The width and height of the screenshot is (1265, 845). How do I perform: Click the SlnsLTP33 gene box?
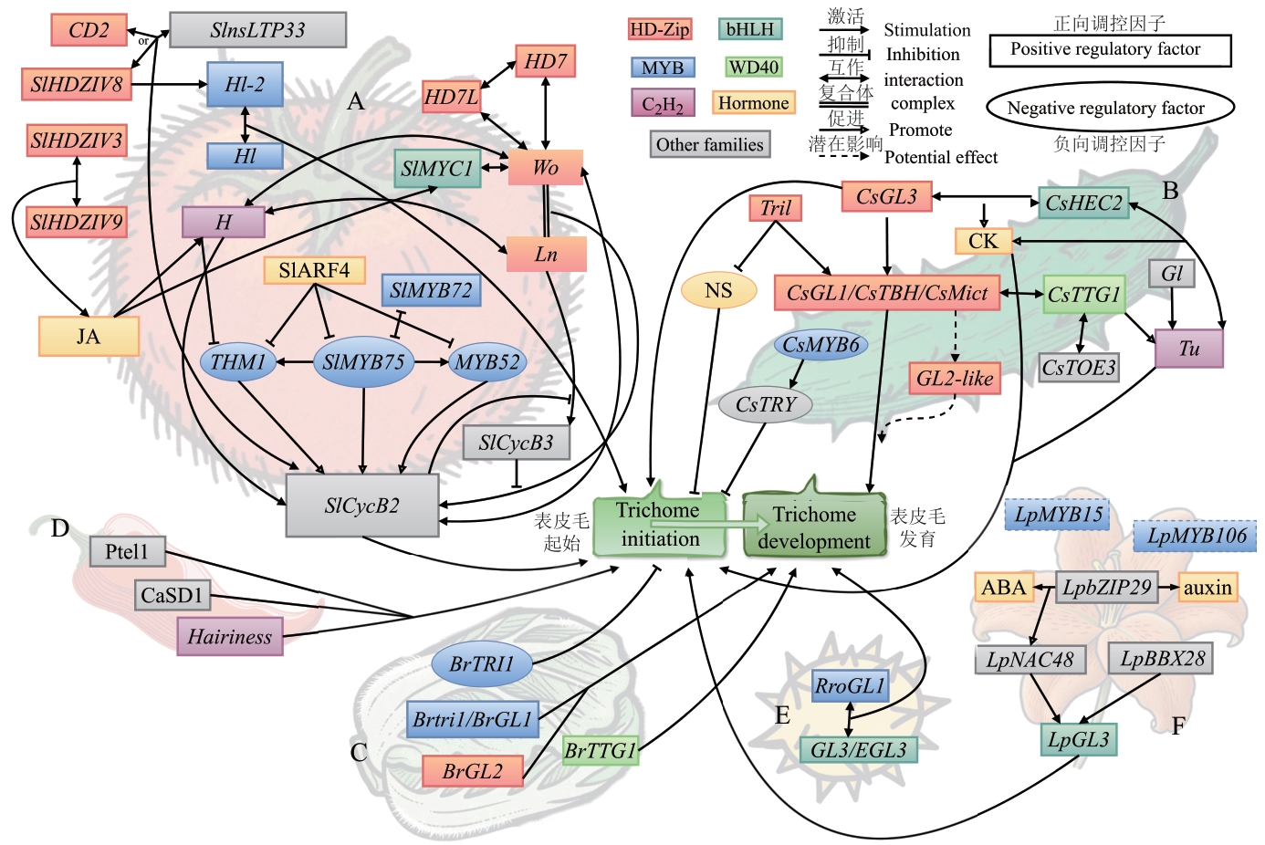point(257,30)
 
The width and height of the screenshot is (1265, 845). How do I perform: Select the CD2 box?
point(89,30)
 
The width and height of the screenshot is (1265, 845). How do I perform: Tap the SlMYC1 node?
point(437,169)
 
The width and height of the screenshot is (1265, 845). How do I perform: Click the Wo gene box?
point(545,168)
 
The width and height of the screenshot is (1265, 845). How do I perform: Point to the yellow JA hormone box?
point(89,336)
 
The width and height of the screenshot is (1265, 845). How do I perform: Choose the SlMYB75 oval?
point(363,362)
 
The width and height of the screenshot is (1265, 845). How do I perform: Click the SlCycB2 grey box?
point(361,506)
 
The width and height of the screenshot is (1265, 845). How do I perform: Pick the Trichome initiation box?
point(659,526)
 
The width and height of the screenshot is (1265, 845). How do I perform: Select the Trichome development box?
point(813,527)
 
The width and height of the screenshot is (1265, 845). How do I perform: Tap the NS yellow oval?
point(718,290)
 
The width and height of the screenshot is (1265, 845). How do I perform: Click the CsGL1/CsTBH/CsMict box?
point(887,293)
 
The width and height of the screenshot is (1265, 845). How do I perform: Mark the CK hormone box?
point(983,241)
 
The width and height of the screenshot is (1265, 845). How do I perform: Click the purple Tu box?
point(1188,349)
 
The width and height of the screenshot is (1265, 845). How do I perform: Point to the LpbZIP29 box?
point(1106,588)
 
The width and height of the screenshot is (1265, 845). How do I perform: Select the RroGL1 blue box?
point(850,686)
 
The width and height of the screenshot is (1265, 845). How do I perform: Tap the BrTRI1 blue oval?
point(481,664)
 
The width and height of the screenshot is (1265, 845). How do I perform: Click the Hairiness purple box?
point(229,637)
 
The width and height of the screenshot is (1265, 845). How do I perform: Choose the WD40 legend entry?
point(754,67)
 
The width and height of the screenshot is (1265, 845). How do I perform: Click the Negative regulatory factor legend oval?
point(1109,108)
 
